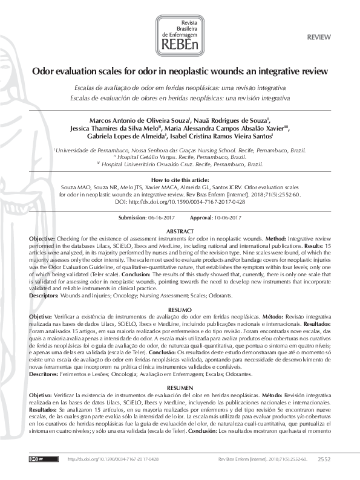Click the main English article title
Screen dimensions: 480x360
click(x=180, y=71)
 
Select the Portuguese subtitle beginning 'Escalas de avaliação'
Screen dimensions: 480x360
click(x=180, y=88)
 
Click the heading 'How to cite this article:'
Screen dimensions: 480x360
click(x=180, y=180)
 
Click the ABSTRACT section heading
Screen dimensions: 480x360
click(x=180, y=232)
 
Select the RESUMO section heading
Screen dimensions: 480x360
click(x=180, y=310)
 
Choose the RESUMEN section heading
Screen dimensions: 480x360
click(x=180, y=386)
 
